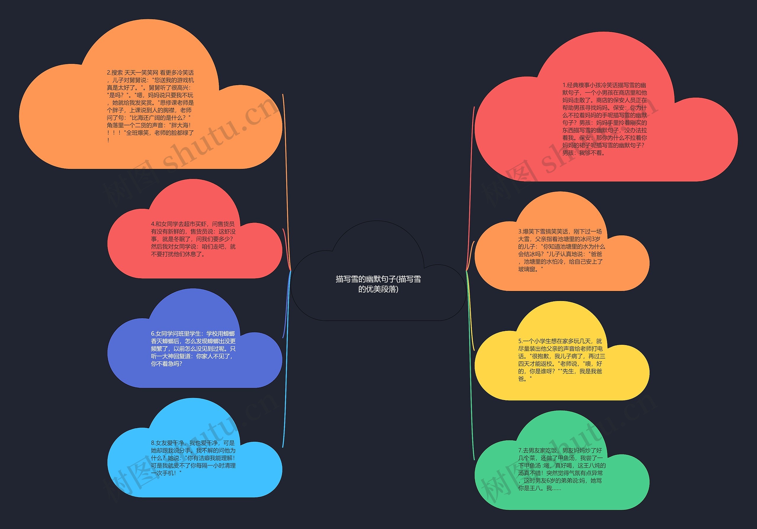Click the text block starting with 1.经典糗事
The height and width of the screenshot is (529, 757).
[x=604, y=119]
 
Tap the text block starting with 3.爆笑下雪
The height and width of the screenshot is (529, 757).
[x=562, y=250]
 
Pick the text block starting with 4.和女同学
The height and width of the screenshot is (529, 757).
[x=193, y=239]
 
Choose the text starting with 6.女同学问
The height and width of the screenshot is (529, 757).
[x=193, y=349]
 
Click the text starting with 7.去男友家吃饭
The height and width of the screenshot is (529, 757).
[x=562, y=469]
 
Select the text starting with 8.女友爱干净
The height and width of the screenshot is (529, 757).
[x=193, y=458]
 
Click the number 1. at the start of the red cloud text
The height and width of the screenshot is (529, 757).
[x=564, y=85]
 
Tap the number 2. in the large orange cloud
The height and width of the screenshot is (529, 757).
[x=109, y=72]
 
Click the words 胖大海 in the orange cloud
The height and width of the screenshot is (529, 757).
[x=180, y=125]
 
